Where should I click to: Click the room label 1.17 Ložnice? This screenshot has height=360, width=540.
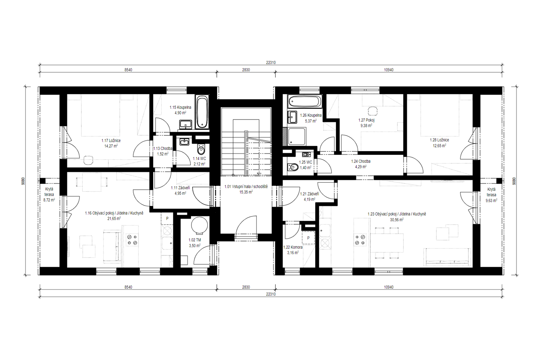pos(111,141)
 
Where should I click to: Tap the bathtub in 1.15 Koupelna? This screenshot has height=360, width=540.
pos(202,112)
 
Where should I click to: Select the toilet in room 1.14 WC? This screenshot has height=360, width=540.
pos(201,150)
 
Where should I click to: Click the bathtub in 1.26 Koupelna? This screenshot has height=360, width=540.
pos(305,102)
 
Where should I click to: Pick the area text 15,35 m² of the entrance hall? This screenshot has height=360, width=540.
pos(246,192)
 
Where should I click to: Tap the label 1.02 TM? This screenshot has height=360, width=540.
pos(195,240)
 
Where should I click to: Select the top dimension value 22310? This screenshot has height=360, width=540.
pos(271,63)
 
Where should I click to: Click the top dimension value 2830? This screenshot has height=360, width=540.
pos(246,70)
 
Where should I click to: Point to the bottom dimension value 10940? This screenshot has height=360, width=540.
pos(389,287)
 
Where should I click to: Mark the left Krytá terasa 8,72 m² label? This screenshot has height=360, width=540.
pos(49,194)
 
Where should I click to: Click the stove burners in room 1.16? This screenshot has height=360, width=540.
pos(132,240)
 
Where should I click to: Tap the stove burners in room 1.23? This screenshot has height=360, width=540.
pos(360,240)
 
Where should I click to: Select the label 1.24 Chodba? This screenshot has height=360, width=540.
pos(361,161)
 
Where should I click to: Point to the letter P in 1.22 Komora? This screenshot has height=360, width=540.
pos(308,238)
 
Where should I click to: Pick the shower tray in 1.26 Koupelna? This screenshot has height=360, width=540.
pos(297,137)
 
